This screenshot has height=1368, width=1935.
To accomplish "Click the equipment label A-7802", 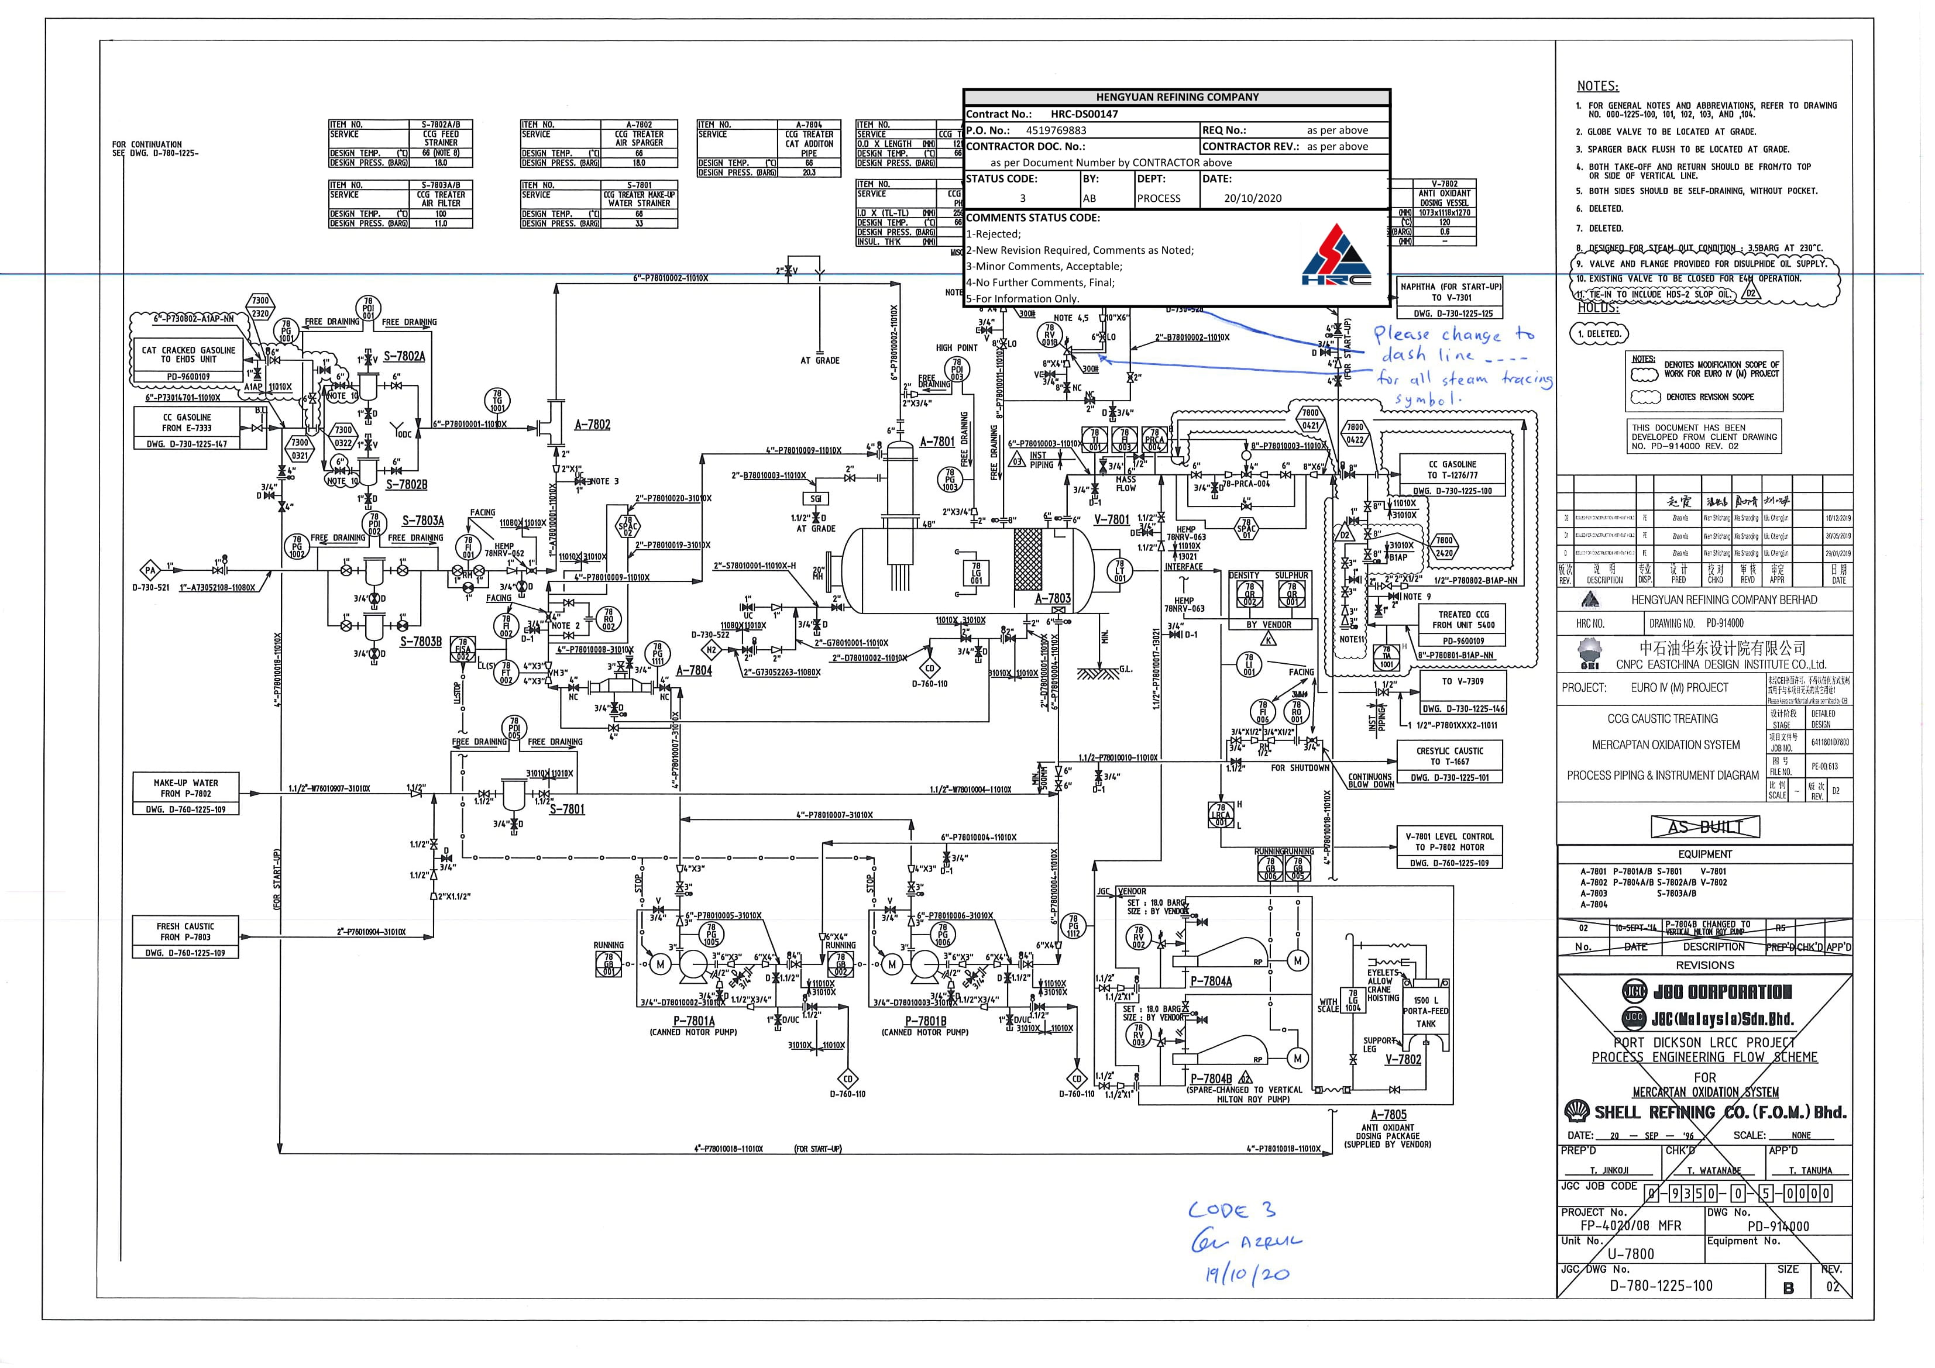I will click(593, 425).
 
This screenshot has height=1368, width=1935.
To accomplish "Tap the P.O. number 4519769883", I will click(1056, 130).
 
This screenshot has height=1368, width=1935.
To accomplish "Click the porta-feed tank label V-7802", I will click(1403, 1060).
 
